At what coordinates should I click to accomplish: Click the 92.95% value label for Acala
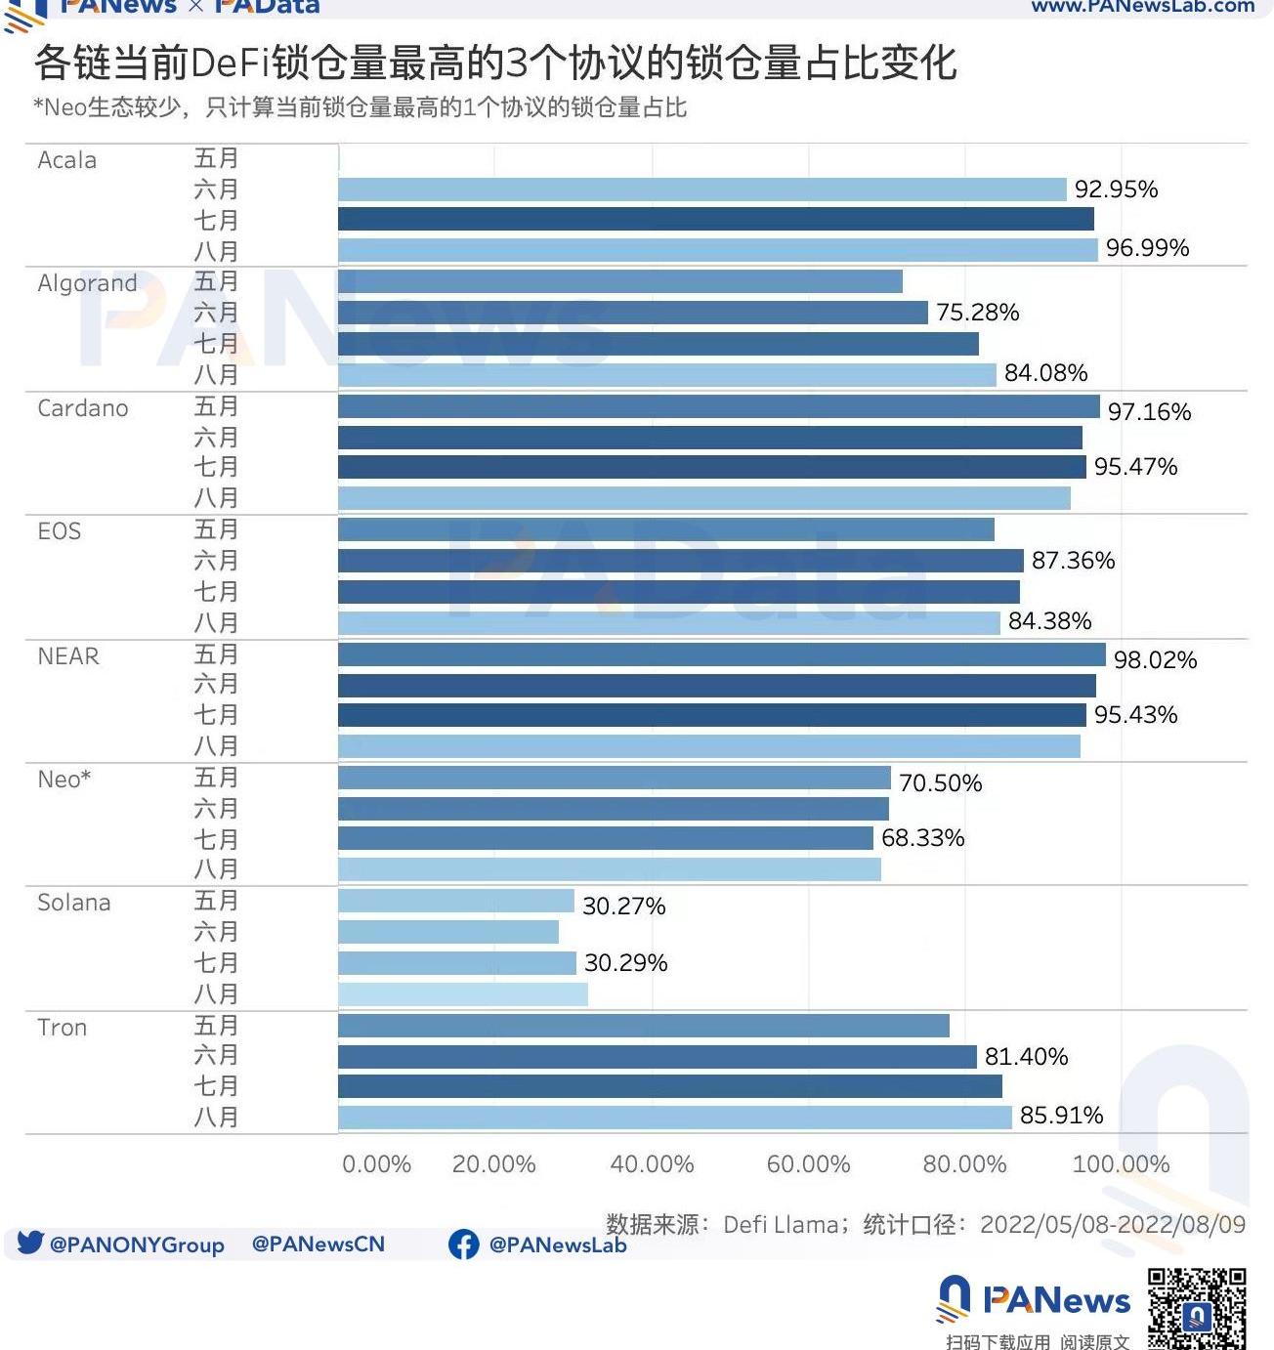coord(1116,190)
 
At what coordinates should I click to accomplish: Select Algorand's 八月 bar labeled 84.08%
coord(666,375)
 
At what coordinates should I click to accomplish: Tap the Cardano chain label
coord(83,408)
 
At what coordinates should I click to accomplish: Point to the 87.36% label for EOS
coord(1073,561)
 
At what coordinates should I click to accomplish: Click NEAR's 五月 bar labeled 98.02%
coord(721,654)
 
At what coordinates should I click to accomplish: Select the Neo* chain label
coord(64,780)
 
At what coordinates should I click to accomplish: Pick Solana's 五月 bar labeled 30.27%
coord(456,901)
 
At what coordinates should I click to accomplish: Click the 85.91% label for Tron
coord(1061,1116)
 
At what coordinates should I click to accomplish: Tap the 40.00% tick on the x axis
coord(652,1164)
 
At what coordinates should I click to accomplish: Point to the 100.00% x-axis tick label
coord(1121,1164)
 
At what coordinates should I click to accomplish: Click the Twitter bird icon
coord(30,1243)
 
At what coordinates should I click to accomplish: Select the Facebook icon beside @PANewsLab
coord(463,1244)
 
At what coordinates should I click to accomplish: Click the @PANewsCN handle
coord(318,1245)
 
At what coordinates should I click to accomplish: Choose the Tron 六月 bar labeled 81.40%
coord(657,1057)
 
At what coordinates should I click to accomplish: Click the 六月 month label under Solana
coord(216,932)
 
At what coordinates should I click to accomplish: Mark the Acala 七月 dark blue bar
coord(715,220)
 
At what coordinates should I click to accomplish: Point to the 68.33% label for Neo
coord(922,838)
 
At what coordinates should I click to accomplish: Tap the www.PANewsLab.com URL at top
coord(1143,7)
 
